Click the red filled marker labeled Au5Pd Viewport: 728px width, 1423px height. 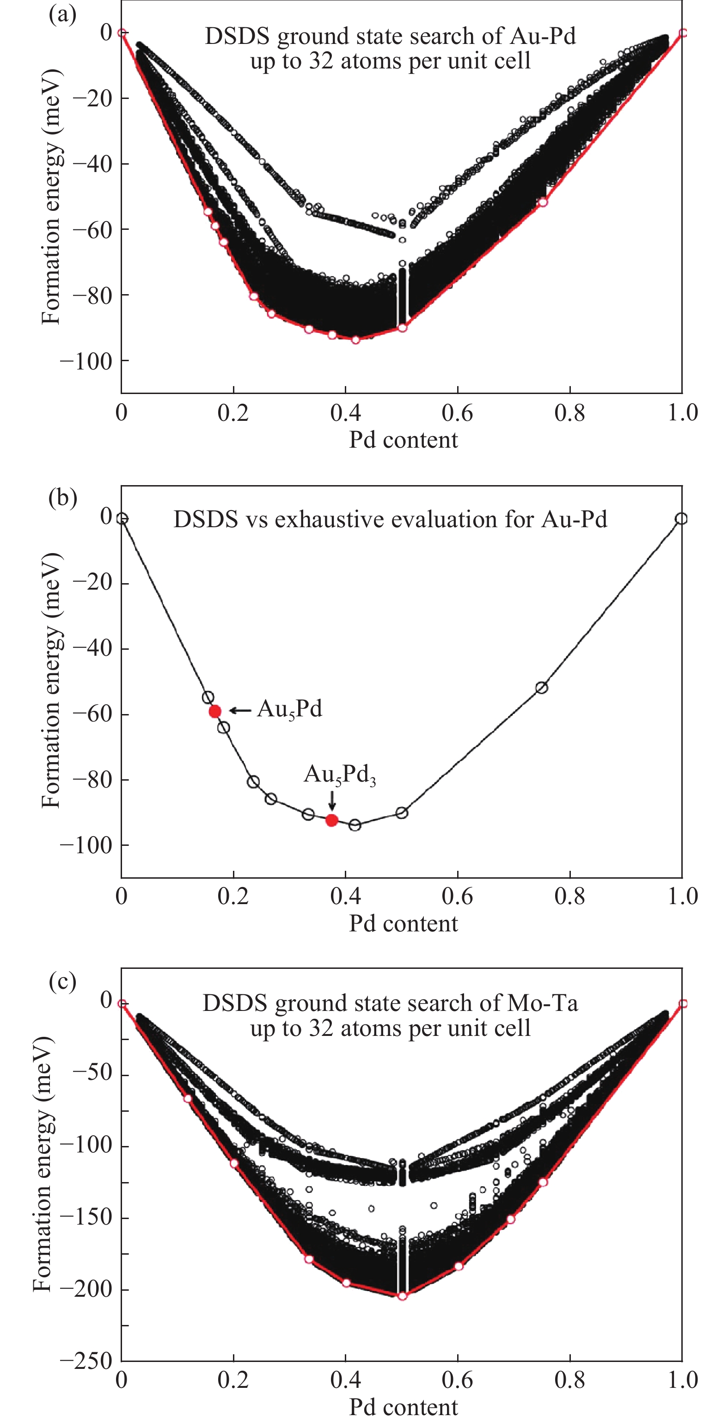tap(215, 711)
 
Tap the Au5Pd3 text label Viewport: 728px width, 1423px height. tap(339, 775)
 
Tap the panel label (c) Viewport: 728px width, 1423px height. tap(62, 982)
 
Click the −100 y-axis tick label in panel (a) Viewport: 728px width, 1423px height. tap(86, 361)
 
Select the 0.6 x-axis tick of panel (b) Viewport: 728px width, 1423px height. tap(457, 896)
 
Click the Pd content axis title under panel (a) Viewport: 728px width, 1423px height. tap(403, 440)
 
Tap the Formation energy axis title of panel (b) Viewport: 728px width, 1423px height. tap(51, 682)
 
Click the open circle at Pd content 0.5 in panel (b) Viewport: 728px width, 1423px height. tap(402, 813)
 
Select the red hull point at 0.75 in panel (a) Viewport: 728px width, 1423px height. tap(543, 202)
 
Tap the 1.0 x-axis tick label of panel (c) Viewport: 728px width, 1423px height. tap(682, 1380)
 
